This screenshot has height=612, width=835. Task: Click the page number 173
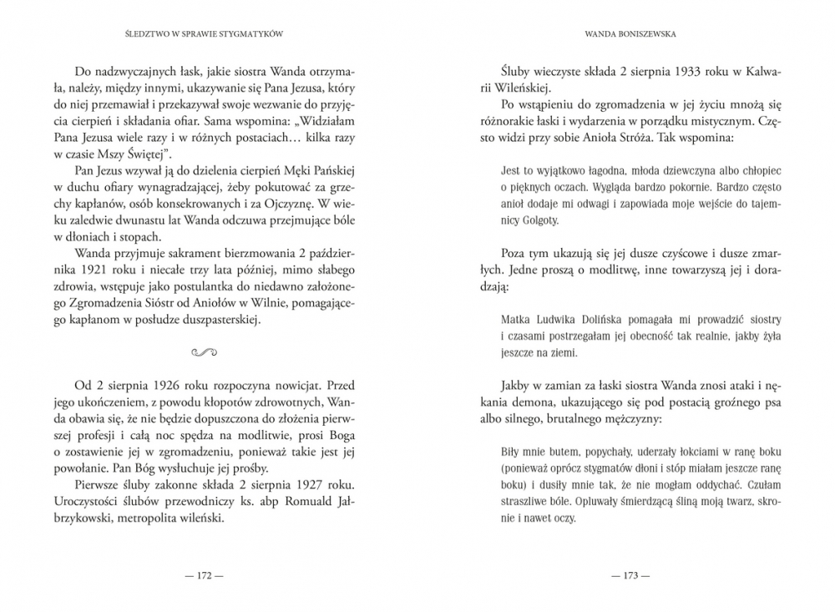coord(630,574)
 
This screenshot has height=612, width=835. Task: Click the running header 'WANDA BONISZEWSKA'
coord(631,36)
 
